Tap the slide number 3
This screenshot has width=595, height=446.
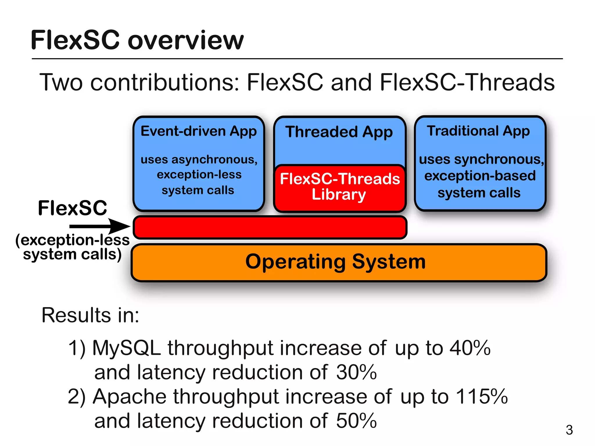[569, 430]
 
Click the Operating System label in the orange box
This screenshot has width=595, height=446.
[335, 262]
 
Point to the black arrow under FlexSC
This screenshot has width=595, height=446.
[99, 226]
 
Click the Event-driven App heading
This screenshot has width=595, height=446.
[198, 131]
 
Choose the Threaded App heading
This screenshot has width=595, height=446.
[339, 132]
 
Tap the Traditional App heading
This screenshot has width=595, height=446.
[478, 131]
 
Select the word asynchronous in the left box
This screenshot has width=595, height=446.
[214, 160]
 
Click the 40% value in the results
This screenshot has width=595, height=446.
[470, 348]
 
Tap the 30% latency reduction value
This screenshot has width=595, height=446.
[356, 372]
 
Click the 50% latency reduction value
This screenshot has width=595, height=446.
[356, 421]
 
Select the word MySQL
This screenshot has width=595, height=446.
[126, 348]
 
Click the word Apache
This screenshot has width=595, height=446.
[129, 396]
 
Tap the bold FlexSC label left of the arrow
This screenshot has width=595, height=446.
[72, 208]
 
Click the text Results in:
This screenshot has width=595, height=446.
[90, 315]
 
